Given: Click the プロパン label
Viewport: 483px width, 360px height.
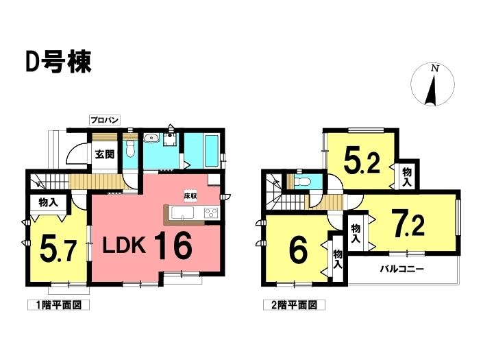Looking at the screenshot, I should click(105, 121).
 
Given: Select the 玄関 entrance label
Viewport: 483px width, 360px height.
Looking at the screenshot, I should click(105, 154).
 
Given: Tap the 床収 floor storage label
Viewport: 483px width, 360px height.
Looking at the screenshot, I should click(190, 196).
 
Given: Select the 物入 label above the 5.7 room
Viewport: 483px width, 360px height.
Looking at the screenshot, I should click(48, 203).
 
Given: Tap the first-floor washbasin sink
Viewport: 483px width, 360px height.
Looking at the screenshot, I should click(151, 139).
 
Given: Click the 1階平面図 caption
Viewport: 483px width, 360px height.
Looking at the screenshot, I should click(59, 304).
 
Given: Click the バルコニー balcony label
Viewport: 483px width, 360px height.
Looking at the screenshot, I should click(402, 269).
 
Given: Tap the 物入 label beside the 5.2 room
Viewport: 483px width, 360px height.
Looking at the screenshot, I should click(406, 177).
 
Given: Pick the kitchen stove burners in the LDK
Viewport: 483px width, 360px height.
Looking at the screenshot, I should click(210, 212).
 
